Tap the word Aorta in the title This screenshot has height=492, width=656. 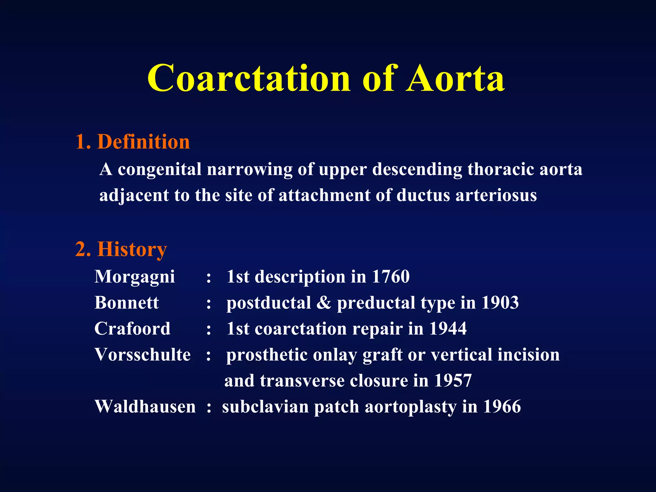coord(455,78)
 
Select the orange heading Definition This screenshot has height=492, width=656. coord(143,142)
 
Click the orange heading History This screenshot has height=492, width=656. coord(132,249)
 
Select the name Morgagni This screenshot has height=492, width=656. coord(135,277)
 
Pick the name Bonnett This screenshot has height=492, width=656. coord(127,302)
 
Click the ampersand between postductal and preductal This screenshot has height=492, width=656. coord(324,302)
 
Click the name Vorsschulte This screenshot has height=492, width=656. coord(143,355)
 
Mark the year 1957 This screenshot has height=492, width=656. coord(453,381)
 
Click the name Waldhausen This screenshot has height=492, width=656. coord(145,406)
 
